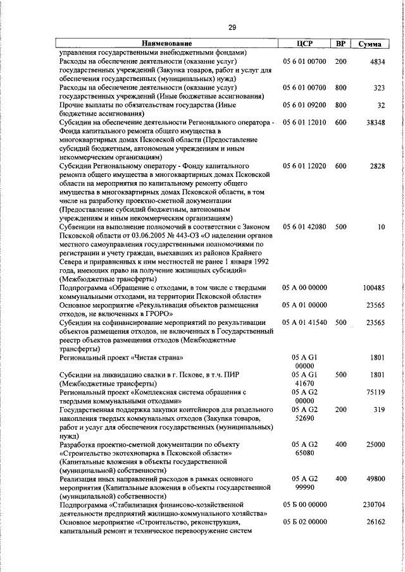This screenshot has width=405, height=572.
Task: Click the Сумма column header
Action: coord(370,44)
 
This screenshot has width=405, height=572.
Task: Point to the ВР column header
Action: coord(340,44)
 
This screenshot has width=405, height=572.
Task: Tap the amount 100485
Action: coord(372,288)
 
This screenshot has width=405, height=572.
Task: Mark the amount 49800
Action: coord(374,479)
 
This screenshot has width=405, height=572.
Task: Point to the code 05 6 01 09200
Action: coord(305,105)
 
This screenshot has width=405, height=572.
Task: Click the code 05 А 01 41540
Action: coord(305,322)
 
